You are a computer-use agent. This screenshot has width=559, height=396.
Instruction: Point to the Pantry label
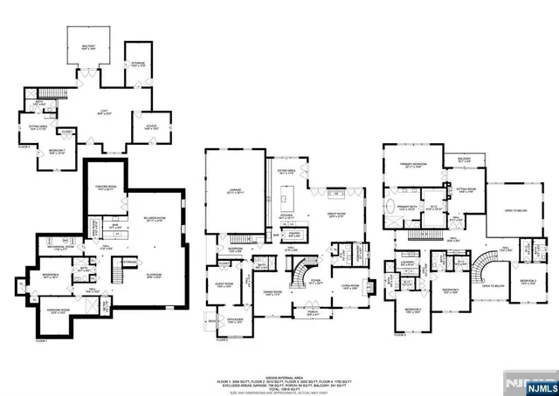point(294,233)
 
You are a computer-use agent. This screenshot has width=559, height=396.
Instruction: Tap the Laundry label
point(406,261)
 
